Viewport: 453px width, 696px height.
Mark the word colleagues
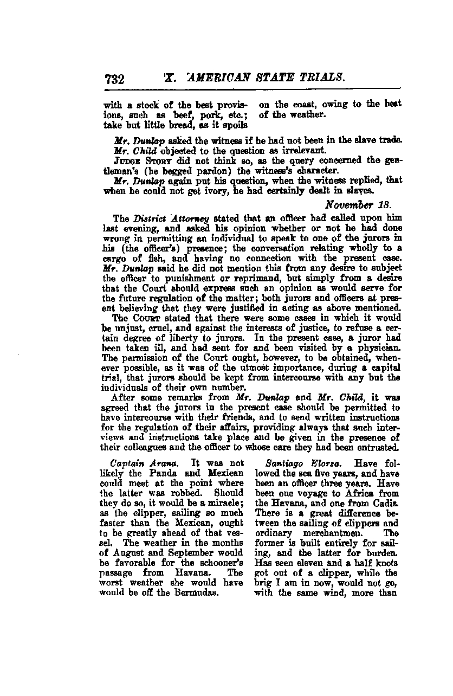[x=126, y=447]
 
